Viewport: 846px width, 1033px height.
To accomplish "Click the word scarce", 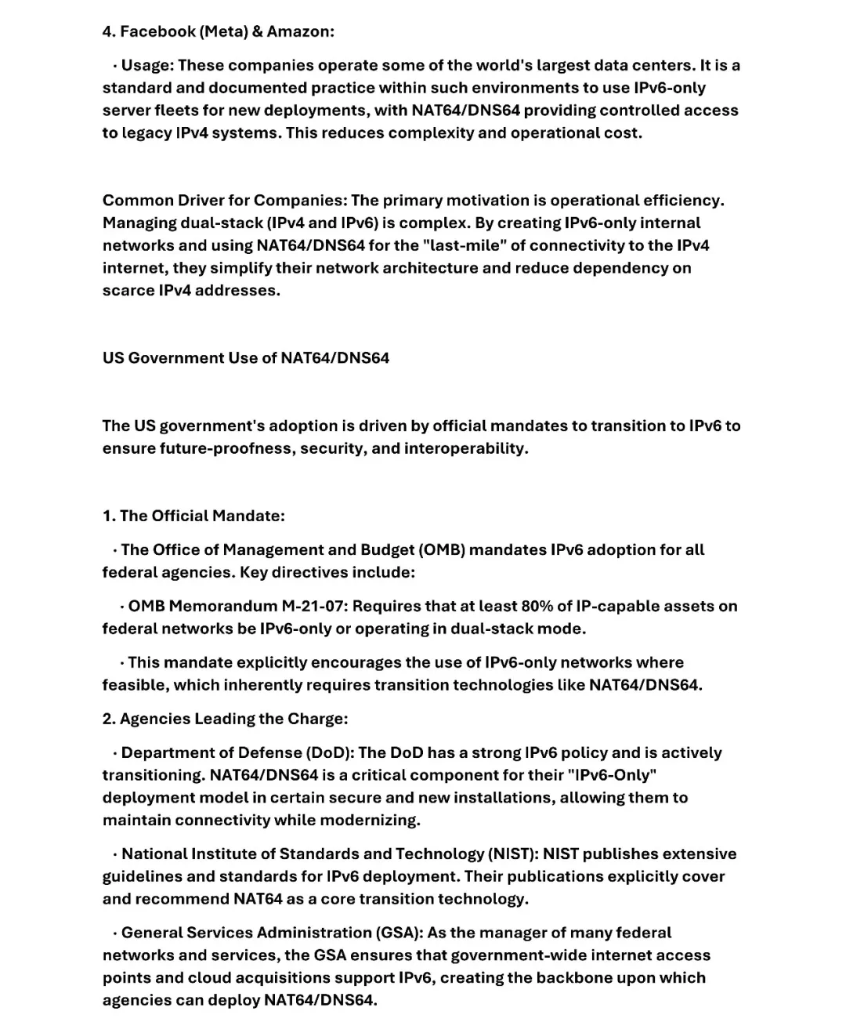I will click(x=128, y=290).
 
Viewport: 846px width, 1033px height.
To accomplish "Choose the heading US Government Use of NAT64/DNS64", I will click(x=245, y=358).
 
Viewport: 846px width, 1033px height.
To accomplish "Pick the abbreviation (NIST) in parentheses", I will click(x=513, y=854).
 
